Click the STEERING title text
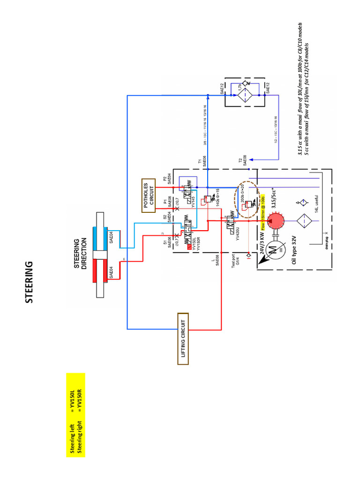29,283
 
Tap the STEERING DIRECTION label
81,253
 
